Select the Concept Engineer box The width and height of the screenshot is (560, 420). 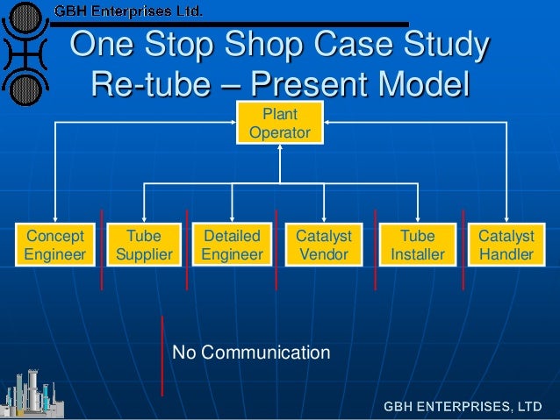coord(56,245)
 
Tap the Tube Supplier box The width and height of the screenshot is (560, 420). coord(144,245)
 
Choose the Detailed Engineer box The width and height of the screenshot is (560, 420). coord(232,245)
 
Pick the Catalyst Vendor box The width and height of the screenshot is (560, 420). coord(324,245)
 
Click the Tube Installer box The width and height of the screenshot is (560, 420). coord(418,245)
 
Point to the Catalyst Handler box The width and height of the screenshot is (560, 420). coord(506,245)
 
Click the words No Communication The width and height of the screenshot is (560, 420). coord(251,353)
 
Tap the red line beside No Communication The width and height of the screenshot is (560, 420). coord(162,355)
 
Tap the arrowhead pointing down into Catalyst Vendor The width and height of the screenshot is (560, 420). coord(324,218)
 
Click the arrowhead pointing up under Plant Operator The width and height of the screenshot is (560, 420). coord(279,148)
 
